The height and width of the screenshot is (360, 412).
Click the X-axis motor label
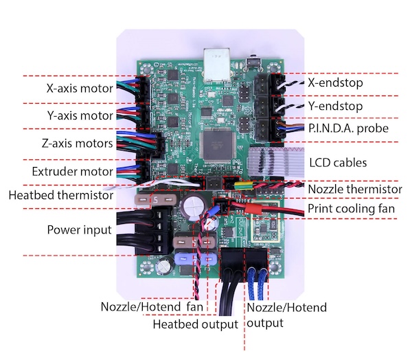(x=79, y=88)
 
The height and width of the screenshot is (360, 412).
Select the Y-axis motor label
(x=79, y=115)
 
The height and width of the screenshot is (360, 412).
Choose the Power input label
(x=79, y=229)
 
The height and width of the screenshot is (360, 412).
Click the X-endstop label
(x=336, y=82)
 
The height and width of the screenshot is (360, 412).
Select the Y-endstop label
(x=336, y=106)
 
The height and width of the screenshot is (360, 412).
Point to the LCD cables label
(x=339, y=163)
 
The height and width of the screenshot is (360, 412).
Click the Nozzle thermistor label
(x=354, y=188)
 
